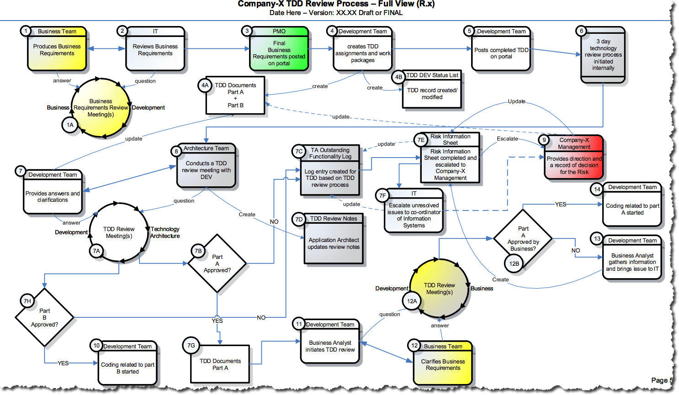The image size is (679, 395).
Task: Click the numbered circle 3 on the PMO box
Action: pos(247,31)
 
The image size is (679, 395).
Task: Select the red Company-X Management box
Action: pos(574,158)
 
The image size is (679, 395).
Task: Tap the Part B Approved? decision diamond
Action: pos(44,317)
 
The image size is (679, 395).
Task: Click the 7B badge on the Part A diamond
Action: pos(198,251)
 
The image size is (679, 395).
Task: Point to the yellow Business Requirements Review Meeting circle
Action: pos(101,108)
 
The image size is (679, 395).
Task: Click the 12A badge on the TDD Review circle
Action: pos(412,301)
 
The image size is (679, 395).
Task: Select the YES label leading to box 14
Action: pos(560,204)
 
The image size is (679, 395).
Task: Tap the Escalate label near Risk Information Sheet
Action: pos(507,138)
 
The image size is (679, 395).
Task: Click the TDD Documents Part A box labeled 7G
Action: pos(220,364)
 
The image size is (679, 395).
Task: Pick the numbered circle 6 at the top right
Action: pos(581,31)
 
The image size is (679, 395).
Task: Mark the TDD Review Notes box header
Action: pos(334,219)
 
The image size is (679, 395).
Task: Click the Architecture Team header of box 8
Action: pos(206,148)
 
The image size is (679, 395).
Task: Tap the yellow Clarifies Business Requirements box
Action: pos(443,364)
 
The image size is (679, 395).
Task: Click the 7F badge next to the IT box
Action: pos(382,195)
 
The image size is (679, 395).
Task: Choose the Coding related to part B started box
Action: pos(127,364)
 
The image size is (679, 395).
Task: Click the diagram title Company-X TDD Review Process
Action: pos(336,4)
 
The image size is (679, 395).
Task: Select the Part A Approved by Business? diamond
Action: pos(523,238)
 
